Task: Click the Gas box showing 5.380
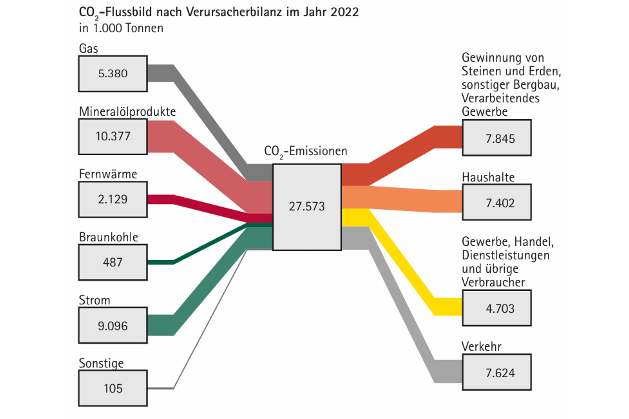pos(113,73)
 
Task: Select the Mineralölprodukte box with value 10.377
pos(113,137)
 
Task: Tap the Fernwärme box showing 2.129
pos(113,199)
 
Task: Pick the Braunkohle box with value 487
pos(113,262)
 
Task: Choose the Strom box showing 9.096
pos(113,325)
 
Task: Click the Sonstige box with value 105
pos(113,388)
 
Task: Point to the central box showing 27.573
pos(307,207)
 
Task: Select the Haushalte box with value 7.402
pos(496,202)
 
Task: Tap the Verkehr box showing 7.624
pos(496,372)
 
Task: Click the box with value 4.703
pos(496,308)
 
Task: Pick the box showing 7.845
pos(496,138)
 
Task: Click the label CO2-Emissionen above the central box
pos(305,151)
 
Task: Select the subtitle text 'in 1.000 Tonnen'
pos(121,28)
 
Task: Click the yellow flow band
pos(403,263)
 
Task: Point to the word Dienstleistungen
pos(505,255)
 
